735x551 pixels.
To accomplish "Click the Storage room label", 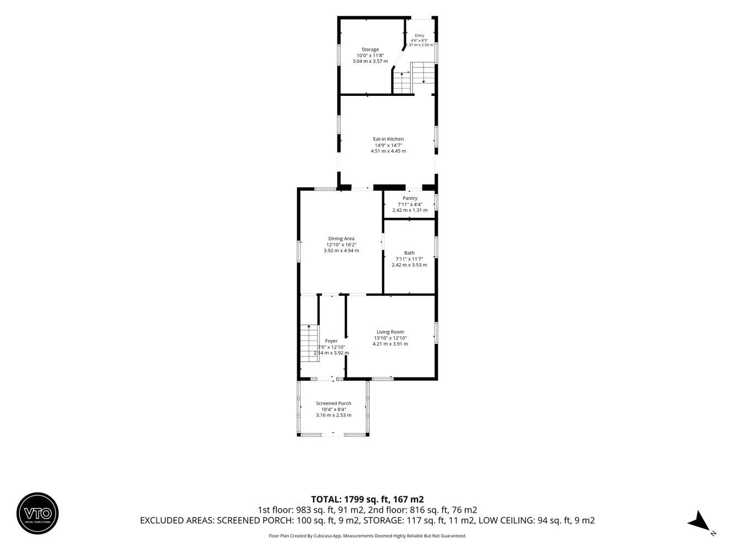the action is click(x=370, y=50).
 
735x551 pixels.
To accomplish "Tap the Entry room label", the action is click(x=419, y=35).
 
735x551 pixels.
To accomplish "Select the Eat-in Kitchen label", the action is click(x=388, y=139).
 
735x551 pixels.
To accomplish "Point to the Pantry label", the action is click(x=410, y=198).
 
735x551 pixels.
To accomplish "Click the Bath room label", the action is click(x=409, y=253).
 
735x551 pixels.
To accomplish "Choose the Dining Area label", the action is click(x=341, y=239).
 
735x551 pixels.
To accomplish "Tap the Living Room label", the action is click(x=390, y=332).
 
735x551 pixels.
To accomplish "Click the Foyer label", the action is click(x=331, y=341).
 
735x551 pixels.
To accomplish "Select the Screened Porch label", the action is click(x=334, y=403).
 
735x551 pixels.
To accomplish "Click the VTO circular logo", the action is click(x=37, y=513).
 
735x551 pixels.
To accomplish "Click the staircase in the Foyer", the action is click(x=309, y=343).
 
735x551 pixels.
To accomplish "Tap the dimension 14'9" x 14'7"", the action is click(x=388, y=145).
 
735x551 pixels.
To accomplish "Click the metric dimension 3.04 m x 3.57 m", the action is click(x=370, y=61).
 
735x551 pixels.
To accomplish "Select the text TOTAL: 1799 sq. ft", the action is click(x=349, y=499).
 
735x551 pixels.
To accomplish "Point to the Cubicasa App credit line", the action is click(x=367, y=536).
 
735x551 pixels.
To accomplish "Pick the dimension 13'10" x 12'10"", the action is click(x=390, y=338).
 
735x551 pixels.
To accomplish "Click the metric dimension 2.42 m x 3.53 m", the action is click(x=409, y=265).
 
